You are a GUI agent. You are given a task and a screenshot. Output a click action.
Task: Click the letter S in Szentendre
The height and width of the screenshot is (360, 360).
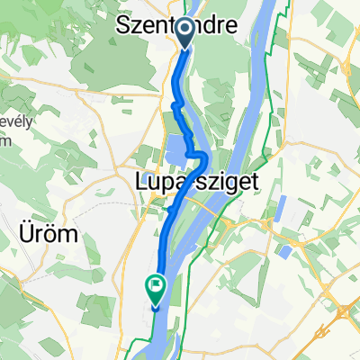[125, 27]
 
